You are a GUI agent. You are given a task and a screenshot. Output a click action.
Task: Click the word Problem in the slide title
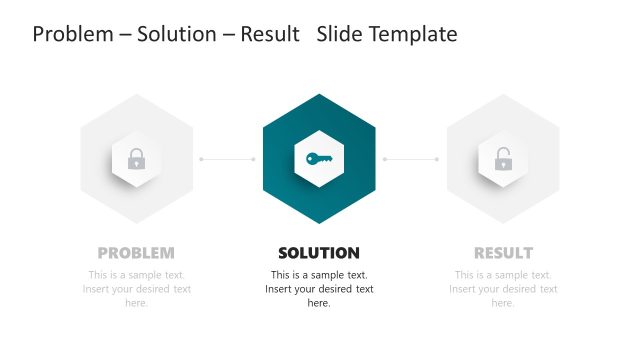[72, 35]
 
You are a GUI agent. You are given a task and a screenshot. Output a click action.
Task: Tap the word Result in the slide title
[270, 35]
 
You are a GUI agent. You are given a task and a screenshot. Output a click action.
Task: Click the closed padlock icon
[136, 158]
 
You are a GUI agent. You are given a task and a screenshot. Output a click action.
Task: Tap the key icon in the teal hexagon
[319, 158]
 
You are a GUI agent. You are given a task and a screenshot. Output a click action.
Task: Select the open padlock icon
[503, 158]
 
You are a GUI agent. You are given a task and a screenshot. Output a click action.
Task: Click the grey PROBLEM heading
[136, 253]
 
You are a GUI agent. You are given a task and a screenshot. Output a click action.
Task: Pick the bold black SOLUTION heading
[319, 253]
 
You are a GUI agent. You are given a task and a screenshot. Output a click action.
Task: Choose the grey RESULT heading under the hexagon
[503, 253]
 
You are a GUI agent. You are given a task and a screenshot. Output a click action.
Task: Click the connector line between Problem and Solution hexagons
[228, 159]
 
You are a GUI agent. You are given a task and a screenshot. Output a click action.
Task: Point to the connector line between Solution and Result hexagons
[411, 159]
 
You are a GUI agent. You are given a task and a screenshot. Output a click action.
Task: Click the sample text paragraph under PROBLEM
[136, 289]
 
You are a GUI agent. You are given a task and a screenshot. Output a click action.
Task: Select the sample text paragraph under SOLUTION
[319, 289]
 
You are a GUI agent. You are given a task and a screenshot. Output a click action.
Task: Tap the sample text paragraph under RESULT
[503, 289]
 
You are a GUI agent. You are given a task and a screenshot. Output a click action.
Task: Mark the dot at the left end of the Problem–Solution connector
[201, 159]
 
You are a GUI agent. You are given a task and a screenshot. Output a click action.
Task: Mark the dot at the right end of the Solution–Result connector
[437, 159]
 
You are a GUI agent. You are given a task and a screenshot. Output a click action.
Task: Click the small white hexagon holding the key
[319, 140]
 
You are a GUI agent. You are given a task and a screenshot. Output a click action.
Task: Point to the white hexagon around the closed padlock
[136, 140]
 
